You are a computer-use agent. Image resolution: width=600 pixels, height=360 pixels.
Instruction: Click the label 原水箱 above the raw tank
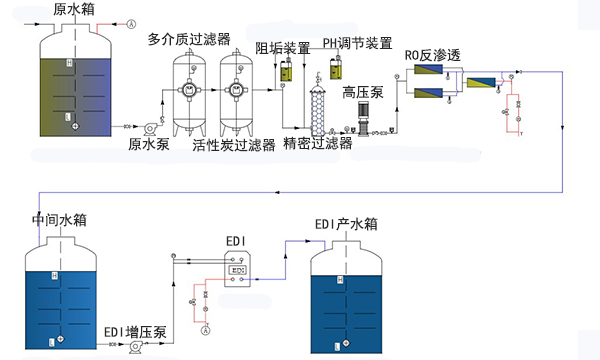tap(77, 9)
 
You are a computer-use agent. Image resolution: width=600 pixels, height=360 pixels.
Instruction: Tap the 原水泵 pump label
tap(150, 143)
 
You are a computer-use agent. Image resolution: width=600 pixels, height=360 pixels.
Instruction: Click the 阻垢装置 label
tap(282, 48)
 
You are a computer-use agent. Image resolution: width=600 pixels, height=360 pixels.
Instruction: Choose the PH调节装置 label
tap(357, 43)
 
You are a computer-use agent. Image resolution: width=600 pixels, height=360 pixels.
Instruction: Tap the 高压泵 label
tap(360, 92)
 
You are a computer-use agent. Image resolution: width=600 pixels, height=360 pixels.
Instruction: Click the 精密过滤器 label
tap(317, 144)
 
